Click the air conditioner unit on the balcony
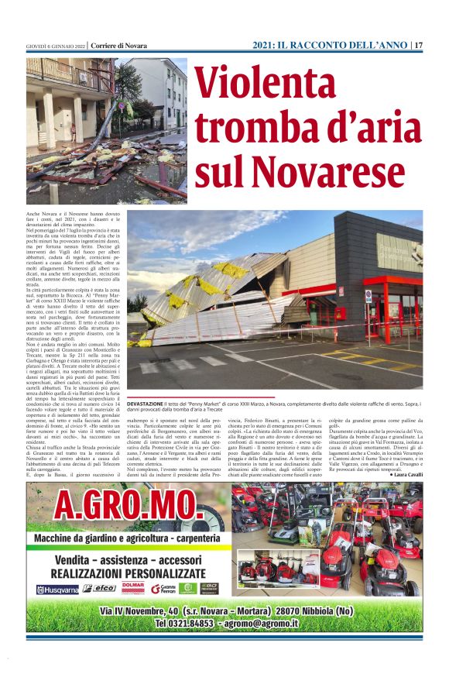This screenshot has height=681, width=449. pyautogui.click(x=84, y=77)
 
